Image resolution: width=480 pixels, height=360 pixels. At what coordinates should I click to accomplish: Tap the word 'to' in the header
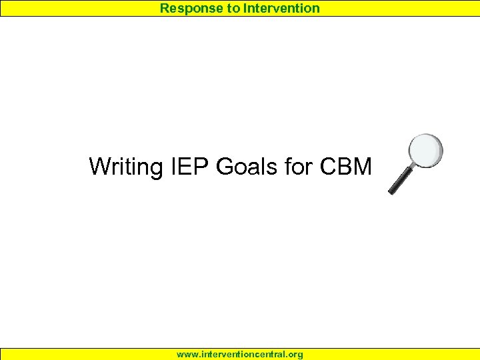coord(230,9)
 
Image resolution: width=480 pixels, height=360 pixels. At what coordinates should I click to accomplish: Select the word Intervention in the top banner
coord(281,9)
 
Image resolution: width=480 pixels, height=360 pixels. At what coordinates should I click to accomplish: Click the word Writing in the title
coord(125,166)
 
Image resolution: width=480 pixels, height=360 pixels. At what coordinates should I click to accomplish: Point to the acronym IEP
coord(189,166)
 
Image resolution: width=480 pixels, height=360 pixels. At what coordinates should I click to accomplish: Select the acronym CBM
coord(345,166)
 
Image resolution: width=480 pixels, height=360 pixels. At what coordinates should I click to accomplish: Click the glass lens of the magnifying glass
coord(425,151)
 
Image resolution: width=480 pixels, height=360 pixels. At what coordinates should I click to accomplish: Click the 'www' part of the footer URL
coord(186,355)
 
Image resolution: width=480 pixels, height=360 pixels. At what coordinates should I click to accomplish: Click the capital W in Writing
coord(100,166)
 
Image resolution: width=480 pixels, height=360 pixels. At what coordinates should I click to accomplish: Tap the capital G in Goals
coord(225,166)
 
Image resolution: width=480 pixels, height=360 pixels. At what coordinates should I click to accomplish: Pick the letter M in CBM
coord(362,166)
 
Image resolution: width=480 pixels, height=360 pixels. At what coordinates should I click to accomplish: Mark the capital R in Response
coord(164,9)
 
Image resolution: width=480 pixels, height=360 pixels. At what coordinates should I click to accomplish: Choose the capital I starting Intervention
coord(245,9)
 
